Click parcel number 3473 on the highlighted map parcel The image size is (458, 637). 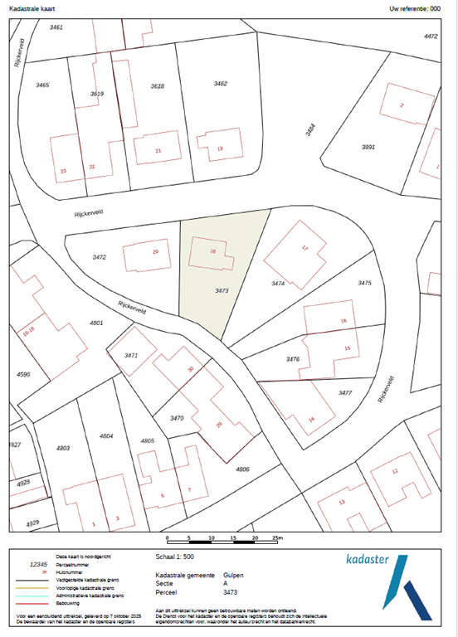221,291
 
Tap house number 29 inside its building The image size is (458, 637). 155,252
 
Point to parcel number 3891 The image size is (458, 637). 368,146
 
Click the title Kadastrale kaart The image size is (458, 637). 32,8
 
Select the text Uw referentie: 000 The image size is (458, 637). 420,8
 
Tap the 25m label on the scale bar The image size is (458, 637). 278,538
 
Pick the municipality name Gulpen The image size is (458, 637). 233,575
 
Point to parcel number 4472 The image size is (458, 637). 430,36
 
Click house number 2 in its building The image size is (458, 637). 402,105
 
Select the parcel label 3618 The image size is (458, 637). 158,86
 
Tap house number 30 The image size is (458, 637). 190,369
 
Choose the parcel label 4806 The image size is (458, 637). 242,469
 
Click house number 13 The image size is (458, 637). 342,503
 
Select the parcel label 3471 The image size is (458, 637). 130,355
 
